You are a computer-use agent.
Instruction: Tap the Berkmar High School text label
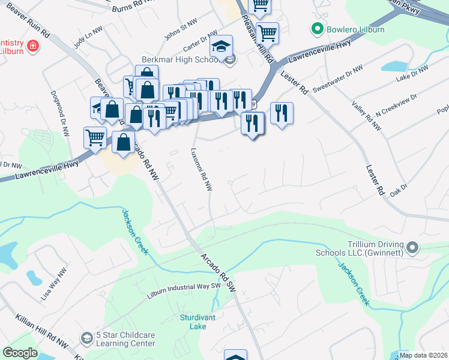click(180, 60)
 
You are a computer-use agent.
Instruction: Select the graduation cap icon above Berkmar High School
click(221, 46)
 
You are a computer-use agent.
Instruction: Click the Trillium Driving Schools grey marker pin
click(412, 247)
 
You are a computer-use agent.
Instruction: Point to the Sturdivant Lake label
click(193, 322)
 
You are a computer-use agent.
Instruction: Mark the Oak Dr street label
click(399, 190)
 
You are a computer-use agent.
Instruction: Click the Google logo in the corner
click(20, 353)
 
